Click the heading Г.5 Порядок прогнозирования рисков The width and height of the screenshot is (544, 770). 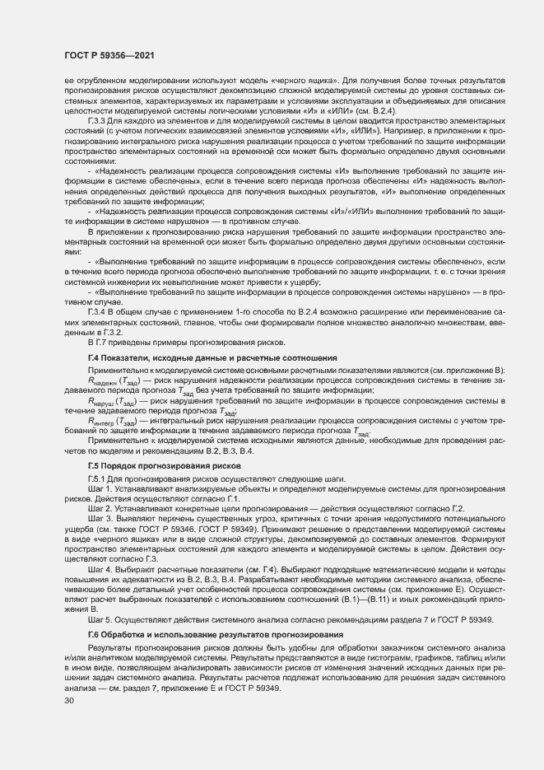[x=157, y=466]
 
